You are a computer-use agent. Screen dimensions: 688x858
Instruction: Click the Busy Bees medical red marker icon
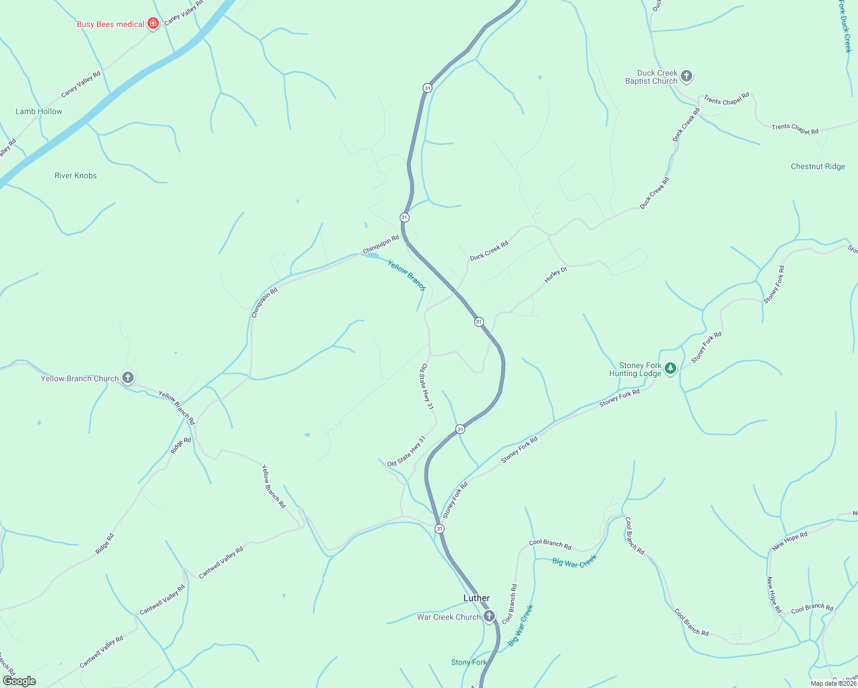[153, 24]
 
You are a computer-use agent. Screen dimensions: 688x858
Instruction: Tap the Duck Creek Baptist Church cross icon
[687, 76]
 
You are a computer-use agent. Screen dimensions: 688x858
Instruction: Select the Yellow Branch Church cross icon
[128, 378]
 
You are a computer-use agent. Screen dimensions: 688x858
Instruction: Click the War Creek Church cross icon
[489, 616]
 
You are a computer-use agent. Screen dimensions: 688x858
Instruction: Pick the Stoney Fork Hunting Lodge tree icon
[670, 369]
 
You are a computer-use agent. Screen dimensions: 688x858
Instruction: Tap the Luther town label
[477, 598]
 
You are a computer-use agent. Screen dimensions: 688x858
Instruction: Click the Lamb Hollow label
[39, 111]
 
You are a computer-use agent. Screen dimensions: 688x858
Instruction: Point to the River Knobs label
[76, 175]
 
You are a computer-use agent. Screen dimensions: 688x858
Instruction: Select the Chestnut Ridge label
[818, 166]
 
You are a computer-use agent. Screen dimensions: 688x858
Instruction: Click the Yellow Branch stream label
[406, 275]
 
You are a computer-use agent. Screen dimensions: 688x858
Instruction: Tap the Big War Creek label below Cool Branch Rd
[575, 561]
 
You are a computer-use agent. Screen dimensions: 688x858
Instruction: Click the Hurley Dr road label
[555, 275]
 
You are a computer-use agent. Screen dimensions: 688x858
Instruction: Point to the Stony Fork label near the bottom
[469, 662]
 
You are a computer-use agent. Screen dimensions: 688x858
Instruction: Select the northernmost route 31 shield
[427, 88]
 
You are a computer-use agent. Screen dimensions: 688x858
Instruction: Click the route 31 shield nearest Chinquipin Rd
[404, 217]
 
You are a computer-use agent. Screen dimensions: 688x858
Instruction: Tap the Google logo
[19, 681]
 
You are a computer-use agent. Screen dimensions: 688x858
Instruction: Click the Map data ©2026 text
[833, 683]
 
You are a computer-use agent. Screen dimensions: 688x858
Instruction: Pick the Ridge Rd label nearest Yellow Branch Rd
[181, 445]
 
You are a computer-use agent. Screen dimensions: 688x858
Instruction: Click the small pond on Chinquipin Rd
[372, 256]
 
